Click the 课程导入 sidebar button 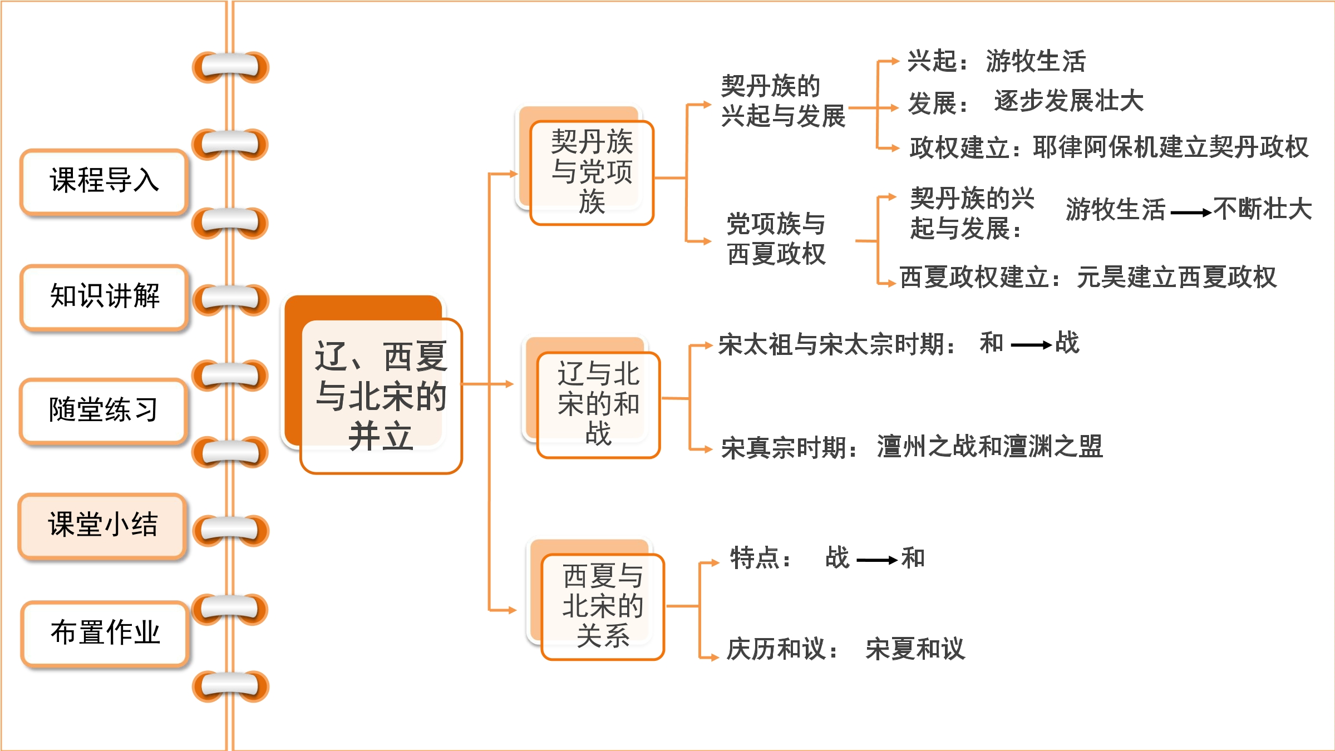click(x=104, y=182)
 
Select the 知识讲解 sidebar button click(x=104, y=297)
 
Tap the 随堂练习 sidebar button click(x=104, y=411)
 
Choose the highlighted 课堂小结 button click(x=102, y=526)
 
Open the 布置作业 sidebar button click(x=105, y=634)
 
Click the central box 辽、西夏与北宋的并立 click(x=381, y=396)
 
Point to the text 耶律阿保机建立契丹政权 click(x=1170, y=147)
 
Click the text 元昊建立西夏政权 click(x=1176, y=277)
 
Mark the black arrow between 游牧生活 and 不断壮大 click(x=1191, y=213)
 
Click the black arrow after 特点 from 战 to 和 click(x=877, y=560)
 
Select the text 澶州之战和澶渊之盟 click(x=990, y=447)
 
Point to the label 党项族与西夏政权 click(x=776, y=239)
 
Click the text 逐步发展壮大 click(x=1069, y=101)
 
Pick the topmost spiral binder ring click(x=230, y=67)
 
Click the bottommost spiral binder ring click(x=230, y=686)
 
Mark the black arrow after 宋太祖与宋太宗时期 click(x=1031, y=345)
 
